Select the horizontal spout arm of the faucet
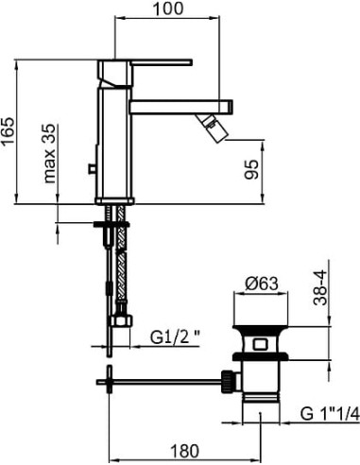click(x=180, y=105)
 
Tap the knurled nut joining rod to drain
click(x=228, y=381)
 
